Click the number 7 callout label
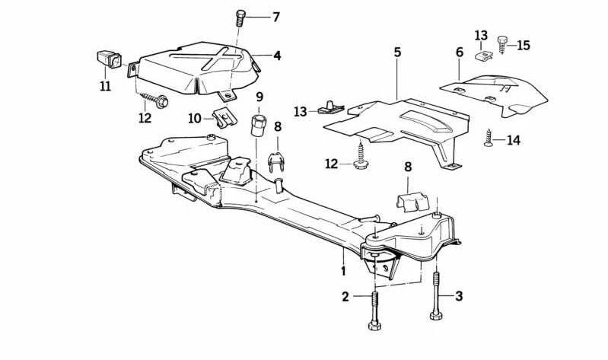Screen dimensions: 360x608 coord(275,17)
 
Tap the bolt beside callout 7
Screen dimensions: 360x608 coord(240,18)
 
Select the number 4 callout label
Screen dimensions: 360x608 coord(277,56)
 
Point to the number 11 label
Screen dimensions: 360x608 coord(105,86)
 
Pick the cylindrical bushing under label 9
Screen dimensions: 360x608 coord(259,124)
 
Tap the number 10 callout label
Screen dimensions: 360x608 coord(194,118)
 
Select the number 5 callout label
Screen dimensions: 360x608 coord(397,52)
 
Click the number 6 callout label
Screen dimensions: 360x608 coord(459,53)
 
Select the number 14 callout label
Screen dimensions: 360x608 coord(514,140)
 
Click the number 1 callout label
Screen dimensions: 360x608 coord(343,270)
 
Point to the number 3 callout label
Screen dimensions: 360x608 coord(459,296)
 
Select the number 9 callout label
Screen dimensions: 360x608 coord(259,97)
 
